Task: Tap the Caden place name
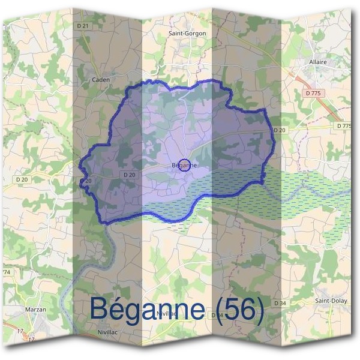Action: tap(100, 79)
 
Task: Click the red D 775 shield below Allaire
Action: tap(313, 93)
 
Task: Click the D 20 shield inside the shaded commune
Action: tap(128, 175)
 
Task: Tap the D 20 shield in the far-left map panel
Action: tap(22, 179)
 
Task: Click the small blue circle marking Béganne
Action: tap(185, 165)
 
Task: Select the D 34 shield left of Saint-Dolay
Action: tap(280, 304)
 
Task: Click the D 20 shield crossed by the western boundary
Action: tap(86, 181)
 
